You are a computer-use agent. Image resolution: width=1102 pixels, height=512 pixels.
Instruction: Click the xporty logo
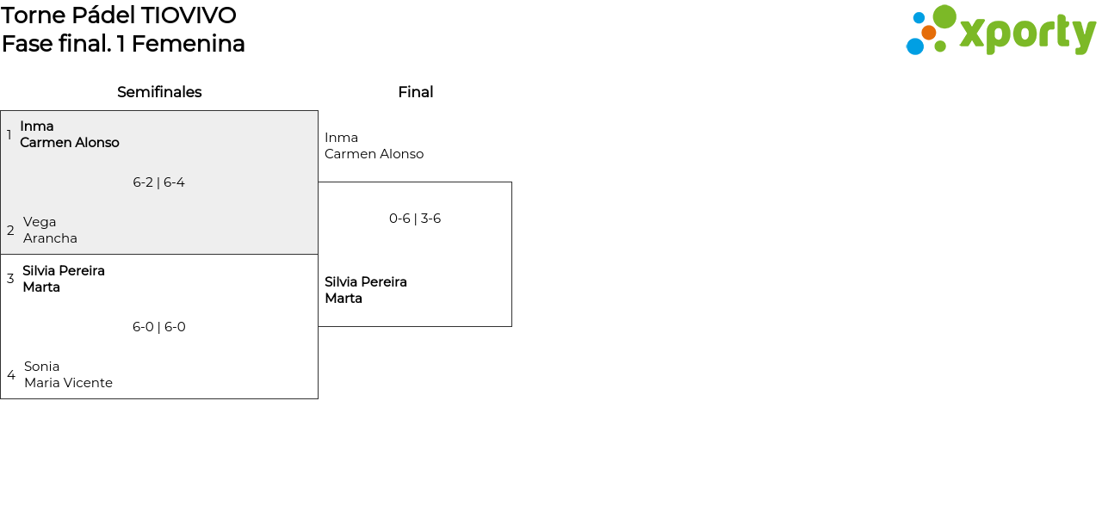tap(1000, 31)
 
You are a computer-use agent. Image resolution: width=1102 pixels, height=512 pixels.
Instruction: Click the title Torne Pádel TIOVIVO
tap(119, 15)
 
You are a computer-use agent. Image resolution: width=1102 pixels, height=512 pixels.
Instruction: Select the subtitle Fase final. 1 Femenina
tap(123, 43)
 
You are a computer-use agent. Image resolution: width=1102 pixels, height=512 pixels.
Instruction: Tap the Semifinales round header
tap(159, 92)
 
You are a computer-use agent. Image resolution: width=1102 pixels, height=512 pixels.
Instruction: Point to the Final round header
tap(415, 92)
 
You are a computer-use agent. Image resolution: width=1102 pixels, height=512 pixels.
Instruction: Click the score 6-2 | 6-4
tap(158, 182)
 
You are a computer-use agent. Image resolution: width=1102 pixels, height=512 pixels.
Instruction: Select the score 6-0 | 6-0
tap(158, 327)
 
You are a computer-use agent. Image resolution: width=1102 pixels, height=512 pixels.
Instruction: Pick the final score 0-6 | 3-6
tap(415, 219)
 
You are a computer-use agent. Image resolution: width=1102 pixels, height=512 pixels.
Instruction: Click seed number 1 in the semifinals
tap(9, 135)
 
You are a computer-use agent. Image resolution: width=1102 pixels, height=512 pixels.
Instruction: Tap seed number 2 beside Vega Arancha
tap(10, 231)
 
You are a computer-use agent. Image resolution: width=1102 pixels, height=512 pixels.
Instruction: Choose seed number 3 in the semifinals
tap(10, 279)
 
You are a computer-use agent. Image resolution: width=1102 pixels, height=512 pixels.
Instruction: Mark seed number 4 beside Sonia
tap(11, 375)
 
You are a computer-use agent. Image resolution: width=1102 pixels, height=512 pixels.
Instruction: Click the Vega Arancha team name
tap(50, 230)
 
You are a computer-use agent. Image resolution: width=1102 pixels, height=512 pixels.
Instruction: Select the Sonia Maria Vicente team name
tap(68, 374)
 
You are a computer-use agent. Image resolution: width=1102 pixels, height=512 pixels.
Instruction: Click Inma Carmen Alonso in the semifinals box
tap(69, 134)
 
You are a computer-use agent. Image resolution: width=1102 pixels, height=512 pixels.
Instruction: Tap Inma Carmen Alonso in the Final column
tap(374, 145)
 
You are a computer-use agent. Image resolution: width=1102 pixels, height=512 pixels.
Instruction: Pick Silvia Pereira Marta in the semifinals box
tap(64, 279)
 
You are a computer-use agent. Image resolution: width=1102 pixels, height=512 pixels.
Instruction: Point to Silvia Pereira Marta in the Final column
tap(366, 290)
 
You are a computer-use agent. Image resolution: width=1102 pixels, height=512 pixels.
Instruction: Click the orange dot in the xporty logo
tap(928, 33)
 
